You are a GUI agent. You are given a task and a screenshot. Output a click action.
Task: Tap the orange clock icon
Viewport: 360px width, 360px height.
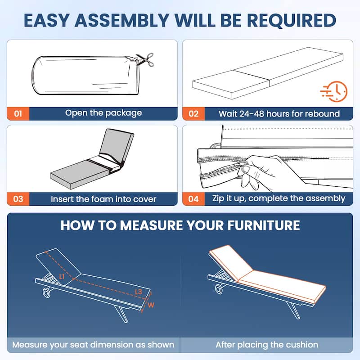point(334,91)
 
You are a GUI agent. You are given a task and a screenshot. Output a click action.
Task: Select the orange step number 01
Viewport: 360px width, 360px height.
point(18,114)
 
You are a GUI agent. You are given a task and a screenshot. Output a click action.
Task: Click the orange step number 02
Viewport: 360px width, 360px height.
point(193,114)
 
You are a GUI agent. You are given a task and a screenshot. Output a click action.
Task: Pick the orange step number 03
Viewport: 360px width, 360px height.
point(18,199)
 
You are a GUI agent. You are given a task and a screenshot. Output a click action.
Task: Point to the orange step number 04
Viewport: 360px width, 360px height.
point(193,199)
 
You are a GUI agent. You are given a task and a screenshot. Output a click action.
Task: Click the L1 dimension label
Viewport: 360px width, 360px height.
point(62,276)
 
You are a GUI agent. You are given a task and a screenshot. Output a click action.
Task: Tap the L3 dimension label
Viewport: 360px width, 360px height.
point(139,292)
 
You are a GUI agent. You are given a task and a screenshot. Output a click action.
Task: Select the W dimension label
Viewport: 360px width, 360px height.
point(151,305)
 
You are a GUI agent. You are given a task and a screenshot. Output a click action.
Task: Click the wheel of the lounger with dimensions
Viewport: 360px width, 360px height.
point(47,293)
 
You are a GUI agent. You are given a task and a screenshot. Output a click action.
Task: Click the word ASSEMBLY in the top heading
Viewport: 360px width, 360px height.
point(122,20)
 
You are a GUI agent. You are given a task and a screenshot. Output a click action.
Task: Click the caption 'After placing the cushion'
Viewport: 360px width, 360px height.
point(267,345)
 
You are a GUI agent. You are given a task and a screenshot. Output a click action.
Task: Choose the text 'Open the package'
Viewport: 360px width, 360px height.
point(103,113)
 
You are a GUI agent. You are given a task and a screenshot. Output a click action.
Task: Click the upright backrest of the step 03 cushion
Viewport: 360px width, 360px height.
point(117,146)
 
